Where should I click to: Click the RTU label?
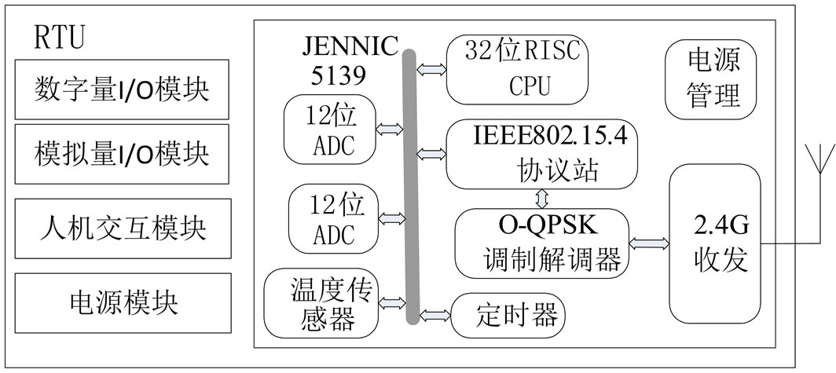(x=60, y=37)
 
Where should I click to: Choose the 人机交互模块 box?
(x=123, y=228)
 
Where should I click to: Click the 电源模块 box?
(x=123, y=302)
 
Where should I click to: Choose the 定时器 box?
(x=508, y=316)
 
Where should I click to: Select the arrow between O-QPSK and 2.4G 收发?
(x=649, y=244)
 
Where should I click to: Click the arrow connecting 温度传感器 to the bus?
(x=392, y=302)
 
